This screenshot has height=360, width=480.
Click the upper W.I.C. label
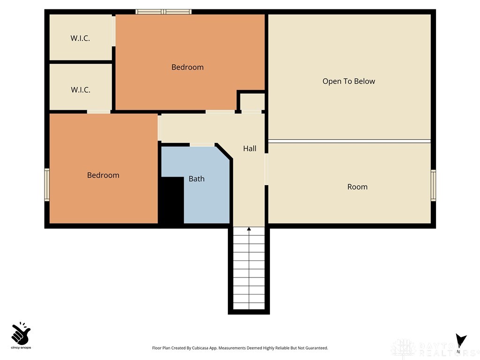pos(80,38)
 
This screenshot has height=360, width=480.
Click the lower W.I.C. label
pos(80,90)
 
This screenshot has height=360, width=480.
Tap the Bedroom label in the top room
pos(187,67)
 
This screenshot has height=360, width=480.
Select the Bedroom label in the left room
pos(103,175)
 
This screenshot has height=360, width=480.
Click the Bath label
pos(196,179)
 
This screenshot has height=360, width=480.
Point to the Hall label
pos(249,148)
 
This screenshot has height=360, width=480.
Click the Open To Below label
pos(348,81)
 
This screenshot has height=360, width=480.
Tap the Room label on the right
pos(357,187)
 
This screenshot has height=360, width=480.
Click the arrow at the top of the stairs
pos(249,229)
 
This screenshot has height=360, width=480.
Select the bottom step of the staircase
pos(249,306)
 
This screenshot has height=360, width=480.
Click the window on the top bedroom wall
pos(164,12)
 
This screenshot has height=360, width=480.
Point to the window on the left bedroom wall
pos(47,185)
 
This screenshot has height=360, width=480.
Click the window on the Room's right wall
pos(433,186)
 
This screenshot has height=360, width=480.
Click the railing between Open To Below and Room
pos(349,141)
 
